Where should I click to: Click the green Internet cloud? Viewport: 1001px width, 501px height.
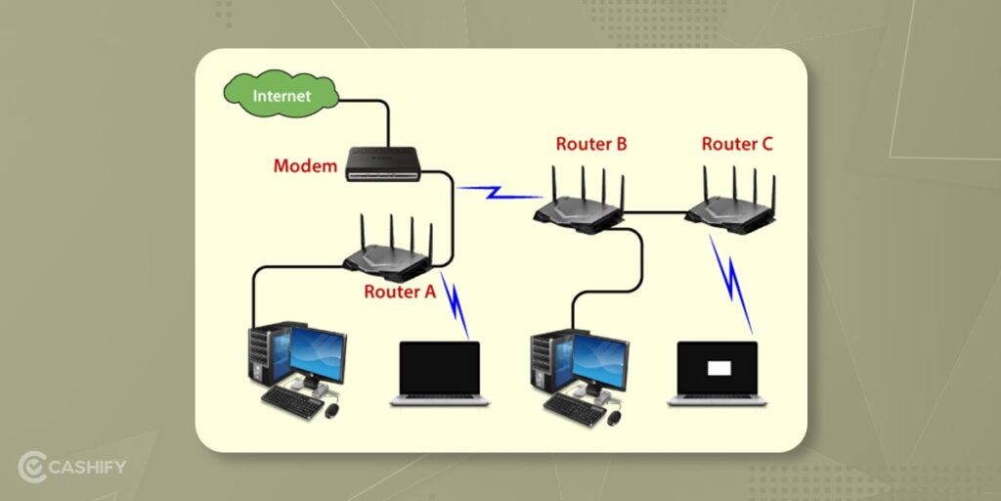[282, 94]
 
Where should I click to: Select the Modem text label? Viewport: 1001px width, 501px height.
[305, 165]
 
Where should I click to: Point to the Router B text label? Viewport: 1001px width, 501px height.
[591, 144]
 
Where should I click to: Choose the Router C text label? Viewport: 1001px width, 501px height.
[737, 144]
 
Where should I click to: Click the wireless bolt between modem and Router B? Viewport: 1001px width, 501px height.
[496, 190]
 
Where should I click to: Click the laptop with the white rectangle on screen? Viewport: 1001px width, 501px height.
[718, 373]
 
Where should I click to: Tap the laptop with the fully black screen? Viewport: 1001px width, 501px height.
[440, 373]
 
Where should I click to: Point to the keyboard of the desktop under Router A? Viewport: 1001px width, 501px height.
[292, 402]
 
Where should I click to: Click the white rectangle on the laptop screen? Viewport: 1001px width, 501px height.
[718, 367]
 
